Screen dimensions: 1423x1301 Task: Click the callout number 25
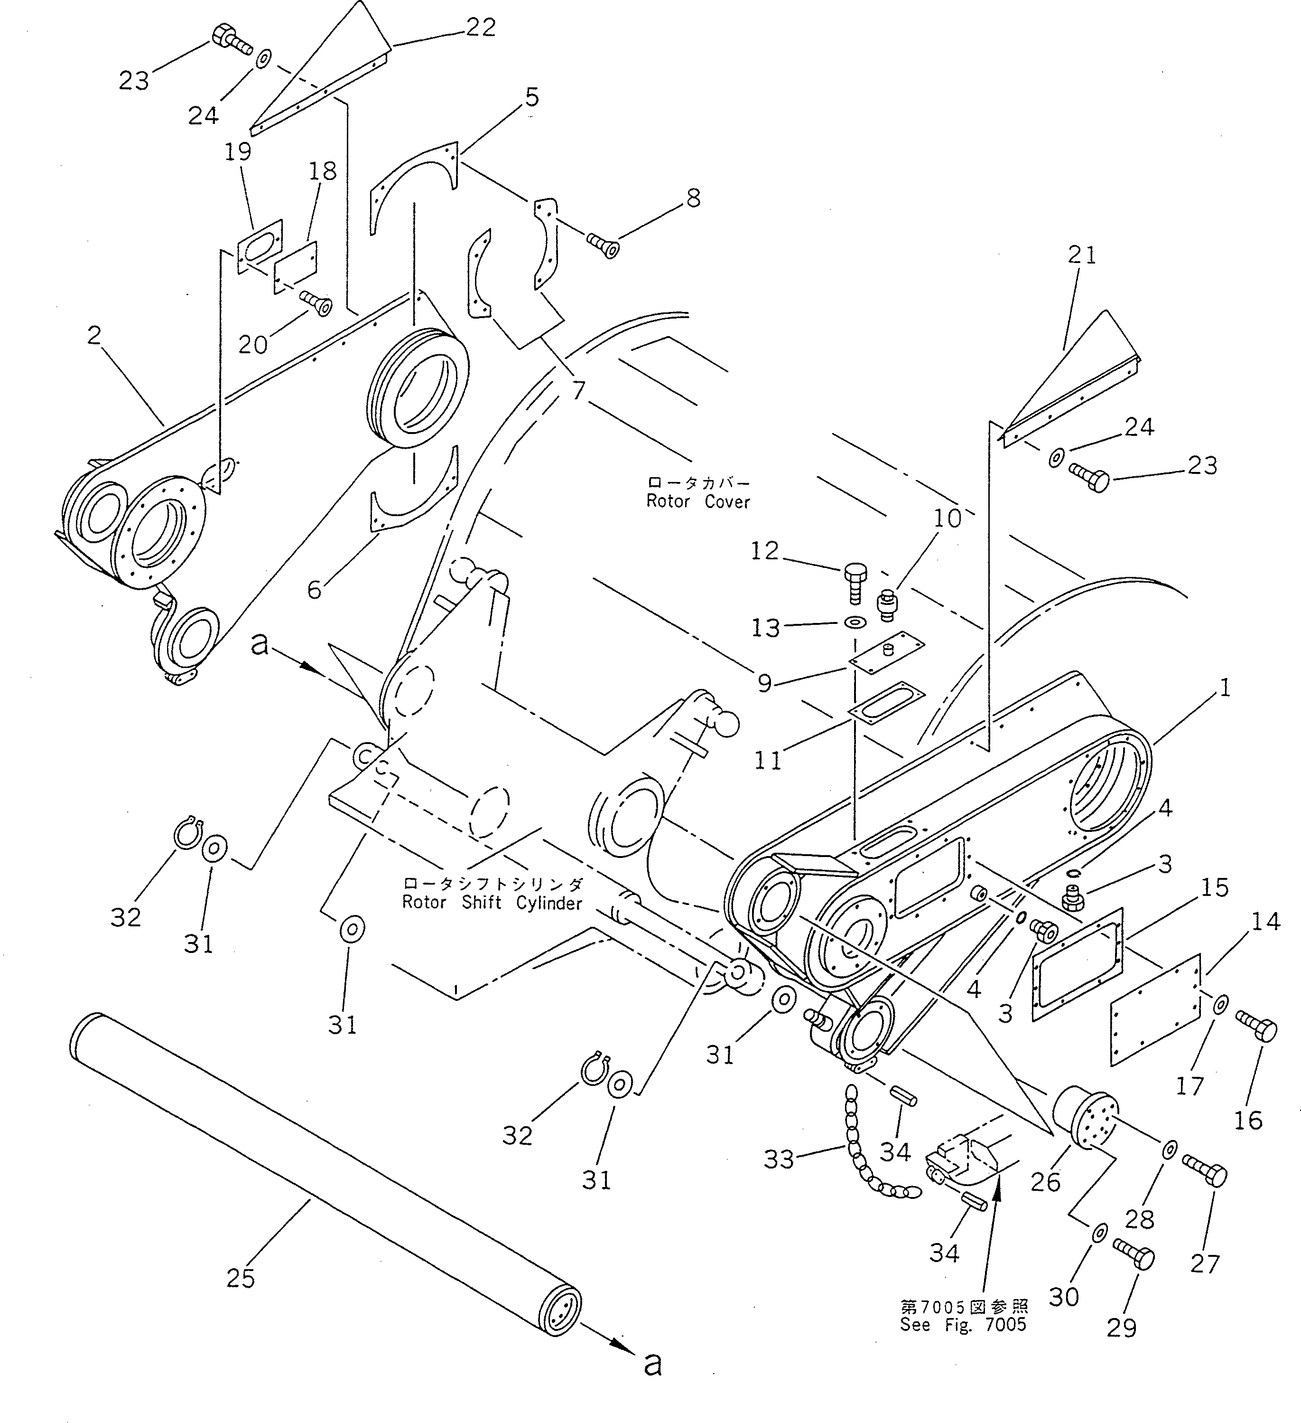240,1278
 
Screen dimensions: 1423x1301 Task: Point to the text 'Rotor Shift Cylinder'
492,903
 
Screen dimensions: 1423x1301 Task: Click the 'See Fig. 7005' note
963,1325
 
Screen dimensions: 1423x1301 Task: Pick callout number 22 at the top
481,28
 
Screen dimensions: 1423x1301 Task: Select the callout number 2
94,335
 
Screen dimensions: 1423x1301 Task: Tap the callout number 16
1247,1120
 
